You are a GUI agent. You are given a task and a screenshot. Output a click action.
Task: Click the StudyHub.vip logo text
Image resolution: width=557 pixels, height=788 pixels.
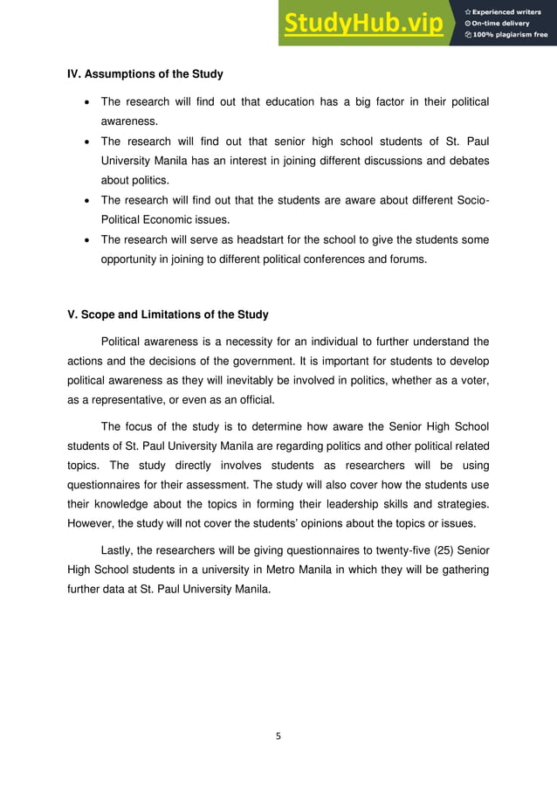[361, 24]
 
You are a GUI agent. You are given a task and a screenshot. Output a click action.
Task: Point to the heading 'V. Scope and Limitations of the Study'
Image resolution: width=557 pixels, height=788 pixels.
[168, 315]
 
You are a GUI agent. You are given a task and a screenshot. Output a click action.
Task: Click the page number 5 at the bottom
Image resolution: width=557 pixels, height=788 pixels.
[278, 736]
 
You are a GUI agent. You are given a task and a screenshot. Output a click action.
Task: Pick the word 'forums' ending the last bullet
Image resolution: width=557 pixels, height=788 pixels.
[408, 259]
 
